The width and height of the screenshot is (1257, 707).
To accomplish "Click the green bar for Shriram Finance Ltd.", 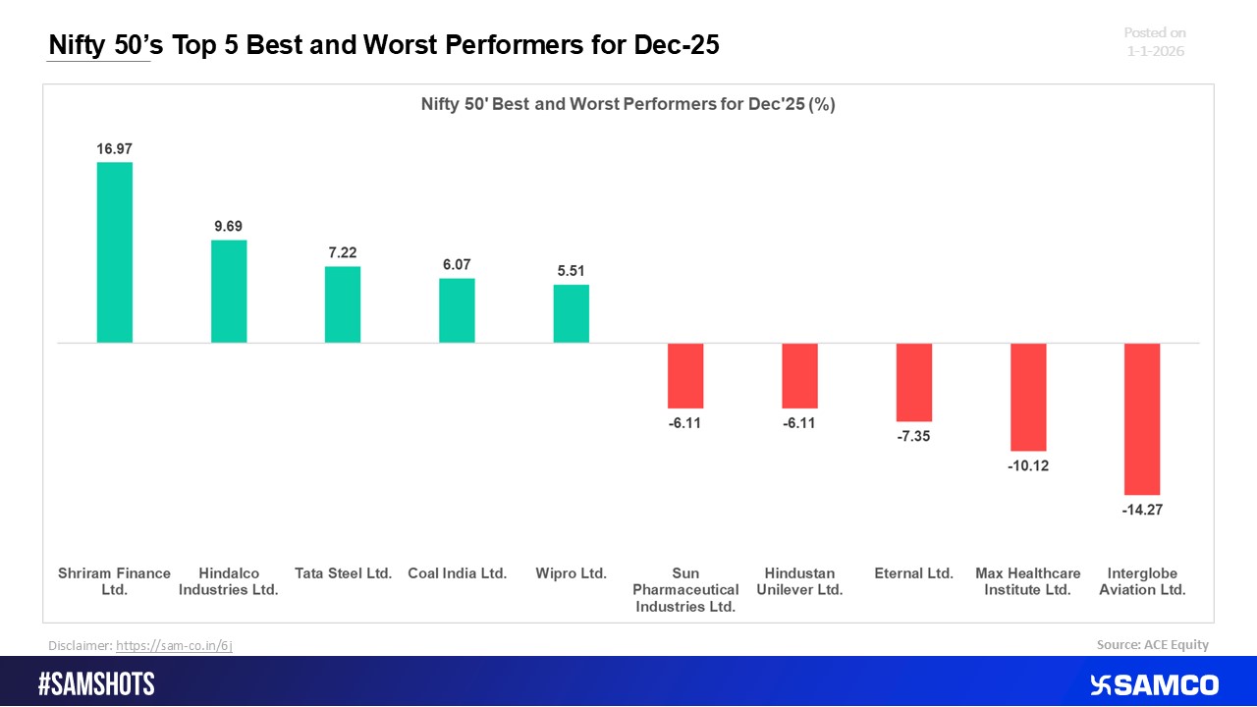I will click(x=114, y=252).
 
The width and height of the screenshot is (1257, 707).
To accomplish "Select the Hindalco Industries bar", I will click(x=229, y=292).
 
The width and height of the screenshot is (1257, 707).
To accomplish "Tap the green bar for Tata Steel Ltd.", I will click(x=343, y=304).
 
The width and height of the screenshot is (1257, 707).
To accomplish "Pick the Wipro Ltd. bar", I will click(x=571, y=314).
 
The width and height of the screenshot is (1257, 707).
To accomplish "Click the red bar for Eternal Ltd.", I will click(x=913, y=382).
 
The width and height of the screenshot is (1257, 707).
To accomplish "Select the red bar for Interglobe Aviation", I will click(x=1142, y=418).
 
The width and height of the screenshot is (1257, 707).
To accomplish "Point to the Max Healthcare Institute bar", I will click(x=1028, y=397).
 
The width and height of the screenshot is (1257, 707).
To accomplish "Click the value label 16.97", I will click(x=114, y=149).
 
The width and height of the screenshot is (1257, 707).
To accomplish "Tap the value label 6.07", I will click(x=457, y=265).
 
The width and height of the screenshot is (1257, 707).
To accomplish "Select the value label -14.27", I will click(x=1142, y=510).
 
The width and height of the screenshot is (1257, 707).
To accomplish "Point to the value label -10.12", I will click(x=1028, y=465).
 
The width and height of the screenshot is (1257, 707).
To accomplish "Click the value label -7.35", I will click(x=913, y=436).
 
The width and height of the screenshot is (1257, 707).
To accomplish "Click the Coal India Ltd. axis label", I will click(x=457, y=573).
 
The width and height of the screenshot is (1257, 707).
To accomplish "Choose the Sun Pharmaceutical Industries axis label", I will click(x=685, y=590).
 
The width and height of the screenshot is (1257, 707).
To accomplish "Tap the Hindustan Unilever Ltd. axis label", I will click(x=799, y=581).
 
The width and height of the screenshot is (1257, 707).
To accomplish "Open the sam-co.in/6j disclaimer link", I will click(x=174, y=645).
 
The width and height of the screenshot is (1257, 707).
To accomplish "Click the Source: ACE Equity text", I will click(x=1152, y=644).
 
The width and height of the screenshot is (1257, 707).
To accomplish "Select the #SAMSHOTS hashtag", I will click(x=96, y=684).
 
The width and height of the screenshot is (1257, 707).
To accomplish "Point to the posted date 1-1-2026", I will click(x=1155, y=51).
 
